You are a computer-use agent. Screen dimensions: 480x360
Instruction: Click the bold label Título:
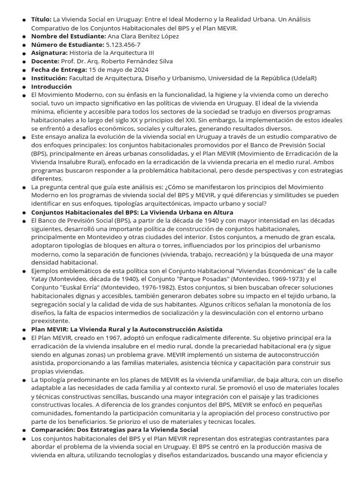tap(41, 19)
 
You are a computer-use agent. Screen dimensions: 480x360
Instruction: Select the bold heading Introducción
tap(52, 87)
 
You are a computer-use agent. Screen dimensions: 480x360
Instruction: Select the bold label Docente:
tap(45, 61)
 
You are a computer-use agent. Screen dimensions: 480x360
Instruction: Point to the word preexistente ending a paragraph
tap(50, 322)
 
